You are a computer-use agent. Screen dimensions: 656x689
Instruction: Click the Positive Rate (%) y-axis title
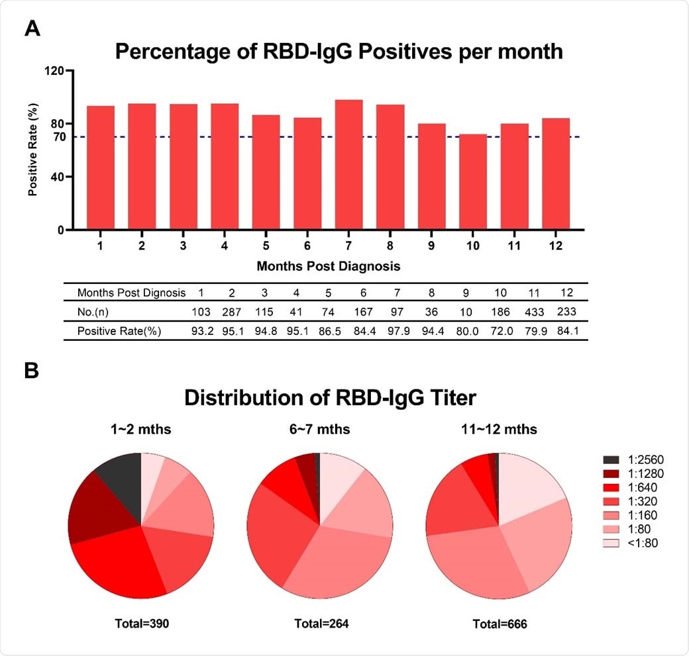coord(32,150)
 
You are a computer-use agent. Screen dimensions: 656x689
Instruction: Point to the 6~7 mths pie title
coord(319,430)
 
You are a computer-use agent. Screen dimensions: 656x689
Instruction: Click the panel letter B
coord(32,371)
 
